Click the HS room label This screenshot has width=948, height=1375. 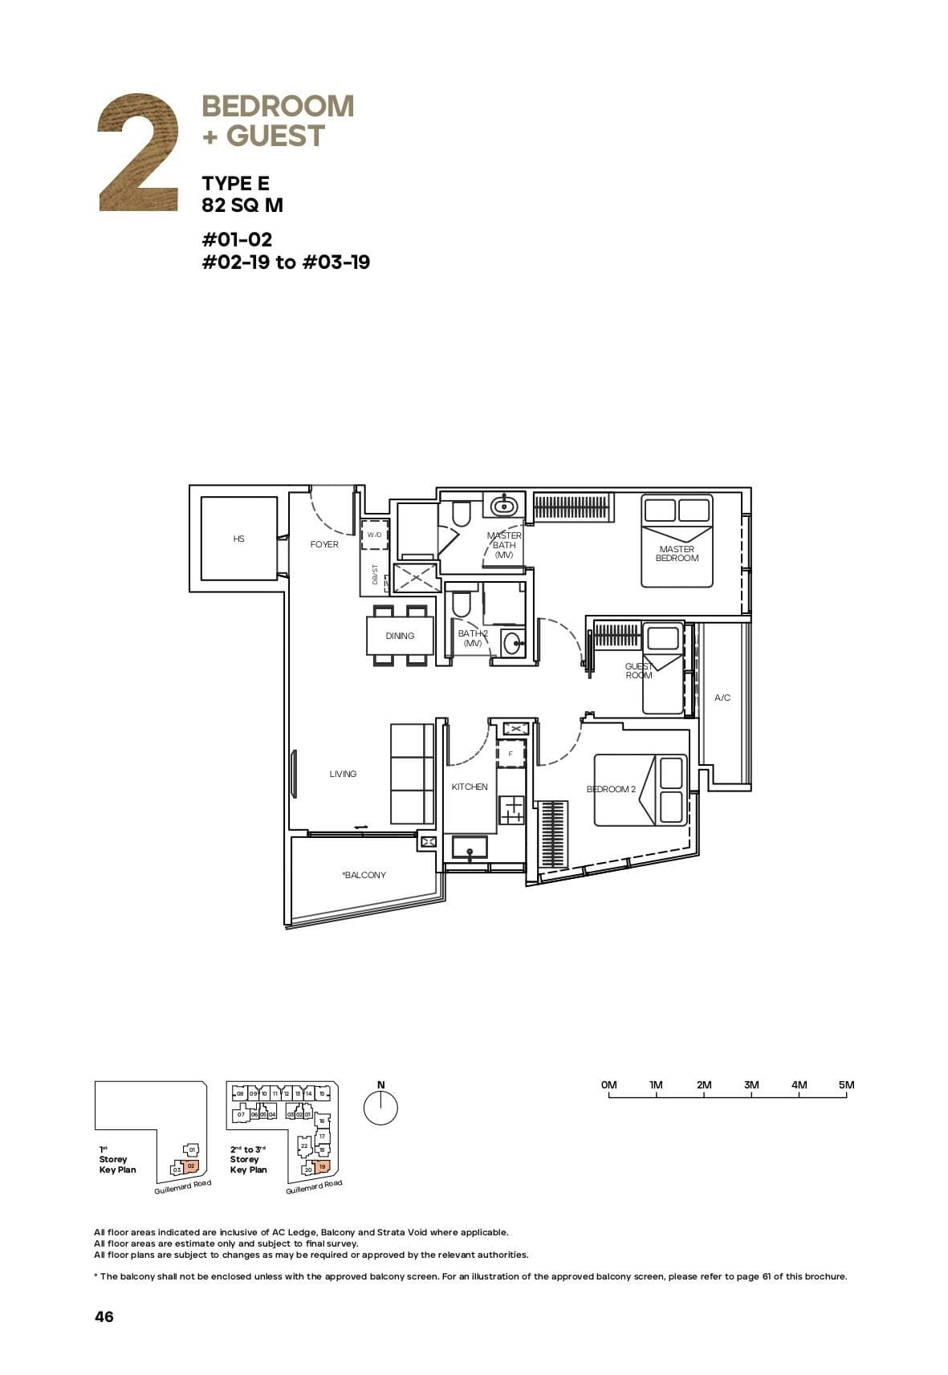coord(238,539)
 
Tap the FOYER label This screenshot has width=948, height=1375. coord(324,544)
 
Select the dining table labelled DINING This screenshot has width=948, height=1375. coord(400,636)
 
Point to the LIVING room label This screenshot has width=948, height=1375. coord(343,774)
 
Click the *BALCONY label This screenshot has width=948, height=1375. coord(364,875)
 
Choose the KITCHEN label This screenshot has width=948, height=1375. coord(470,787)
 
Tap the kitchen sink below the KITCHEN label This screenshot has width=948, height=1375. coord(469,848)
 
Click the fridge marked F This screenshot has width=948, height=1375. coord(511,755)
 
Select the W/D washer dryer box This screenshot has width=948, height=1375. coord(375,535)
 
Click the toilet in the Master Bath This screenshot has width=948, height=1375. coord(461,514)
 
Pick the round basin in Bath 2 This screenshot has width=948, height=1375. coord(512,642)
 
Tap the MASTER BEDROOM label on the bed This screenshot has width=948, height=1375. coord(677,554)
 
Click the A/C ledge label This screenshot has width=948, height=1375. coord(722,698)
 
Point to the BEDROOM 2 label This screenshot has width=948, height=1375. coord(611,789)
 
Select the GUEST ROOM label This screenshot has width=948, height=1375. coord(639,671)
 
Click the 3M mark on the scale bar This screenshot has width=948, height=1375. coord(751,1085)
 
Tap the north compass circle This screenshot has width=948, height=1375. coord(380,1109)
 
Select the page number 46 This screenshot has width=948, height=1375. coord(104,1316)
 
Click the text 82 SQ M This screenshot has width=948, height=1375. coord(242,205)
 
